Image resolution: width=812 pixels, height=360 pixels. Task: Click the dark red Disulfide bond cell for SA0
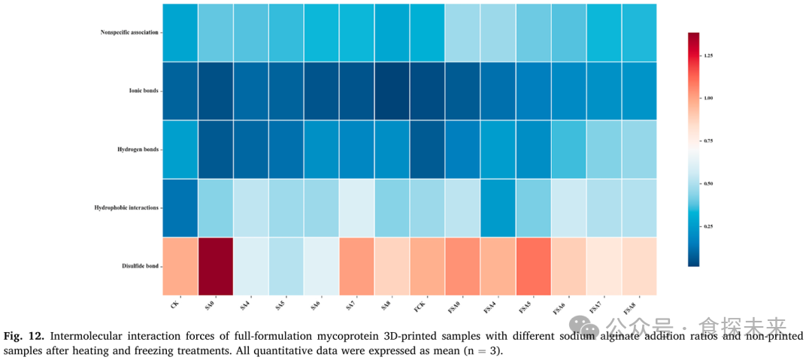point(214,266)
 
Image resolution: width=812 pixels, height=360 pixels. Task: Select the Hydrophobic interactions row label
point(129,207)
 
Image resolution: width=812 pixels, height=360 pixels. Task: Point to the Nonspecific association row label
point(129,32)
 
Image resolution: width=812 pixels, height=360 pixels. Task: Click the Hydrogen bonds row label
point(138,149)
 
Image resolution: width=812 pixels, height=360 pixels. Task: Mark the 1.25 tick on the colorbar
point(709,56)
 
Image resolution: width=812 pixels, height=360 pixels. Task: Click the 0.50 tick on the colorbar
point(709,183)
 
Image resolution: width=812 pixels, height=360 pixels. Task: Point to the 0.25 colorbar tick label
point(709,226)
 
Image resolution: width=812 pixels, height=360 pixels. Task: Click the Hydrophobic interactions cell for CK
point(180,207)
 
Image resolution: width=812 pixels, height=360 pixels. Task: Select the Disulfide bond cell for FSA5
point(533,266)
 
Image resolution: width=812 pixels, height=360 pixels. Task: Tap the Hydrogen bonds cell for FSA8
point(639,149)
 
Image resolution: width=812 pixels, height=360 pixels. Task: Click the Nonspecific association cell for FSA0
point(462,32)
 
